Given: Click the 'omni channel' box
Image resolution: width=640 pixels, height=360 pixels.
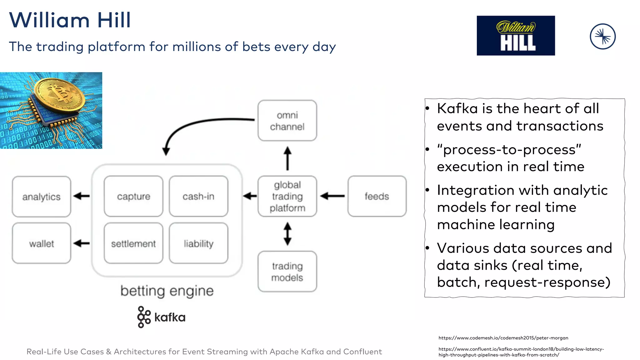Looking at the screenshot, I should point(287,121).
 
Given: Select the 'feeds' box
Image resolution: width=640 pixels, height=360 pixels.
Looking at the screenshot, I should point(377,196).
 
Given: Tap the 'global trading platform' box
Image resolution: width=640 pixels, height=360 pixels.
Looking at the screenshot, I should point(287,196).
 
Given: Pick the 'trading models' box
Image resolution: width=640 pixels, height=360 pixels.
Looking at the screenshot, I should point(287,272).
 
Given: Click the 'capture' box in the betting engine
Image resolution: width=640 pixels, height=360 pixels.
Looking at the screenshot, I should point(133,196).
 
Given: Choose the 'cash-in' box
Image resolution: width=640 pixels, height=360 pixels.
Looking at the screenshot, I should point(198,196).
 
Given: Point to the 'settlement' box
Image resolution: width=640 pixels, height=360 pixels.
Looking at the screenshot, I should point(133,243).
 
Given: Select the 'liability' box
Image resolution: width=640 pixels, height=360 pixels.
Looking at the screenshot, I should point(198,243).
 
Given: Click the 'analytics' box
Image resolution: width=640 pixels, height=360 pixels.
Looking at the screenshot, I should point(41,197).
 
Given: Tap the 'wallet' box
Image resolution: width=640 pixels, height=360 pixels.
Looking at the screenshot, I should point(41,243).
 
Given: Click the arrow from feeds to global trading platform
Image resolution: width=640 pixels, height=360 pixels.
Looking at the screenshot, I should point(332,196).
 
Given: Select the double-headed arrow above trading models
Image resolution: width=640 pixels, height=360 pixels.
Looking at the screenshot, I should point(287,234).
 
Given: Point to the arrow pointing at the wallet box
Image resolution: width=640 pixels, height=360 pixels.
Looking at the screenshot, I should point(82,243).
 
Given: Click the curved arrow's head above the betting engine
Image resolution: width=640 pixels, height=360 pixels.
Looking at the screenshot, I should point(166,152).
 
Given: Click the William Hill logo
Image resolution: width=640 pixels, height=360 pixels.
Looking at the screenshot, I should point(516,36).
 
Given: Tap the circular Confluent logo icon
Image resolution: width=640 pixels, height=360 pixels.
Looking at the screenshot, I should point(602,37).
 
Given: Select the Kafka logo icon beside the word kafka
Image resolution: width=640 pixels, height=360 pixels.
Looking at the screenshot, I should point(143,317).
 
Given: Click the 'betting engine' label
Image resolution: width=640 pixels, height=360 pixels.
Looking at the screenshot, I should point(167,291).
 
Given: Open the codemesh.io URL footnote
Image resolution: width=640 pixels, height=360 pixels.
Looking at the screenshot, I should point(503,338).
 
